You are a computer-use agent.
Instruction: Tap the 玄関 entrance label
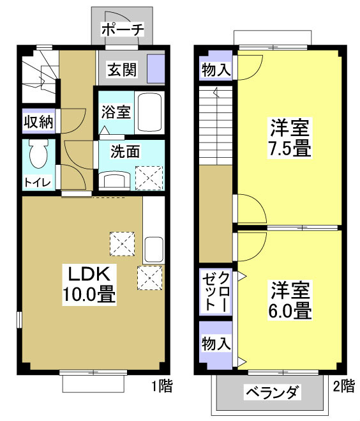[x=121, y=69]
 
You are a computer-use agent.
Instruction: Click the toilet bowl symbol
[x=38, y=154]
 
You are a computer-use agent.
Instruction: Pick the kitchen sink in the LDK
[x=153, y=249]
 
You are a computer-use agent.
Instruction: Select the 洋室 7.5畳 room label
[x=288, y=137]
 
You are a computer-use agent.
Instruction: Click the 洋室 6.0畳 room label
[x=289, y=301]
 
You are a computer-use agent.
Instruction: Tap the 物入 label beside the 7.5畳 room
[x=216, y=69]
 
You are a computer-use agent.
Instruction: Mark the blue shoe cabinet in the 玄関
[x=156, y=68]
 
